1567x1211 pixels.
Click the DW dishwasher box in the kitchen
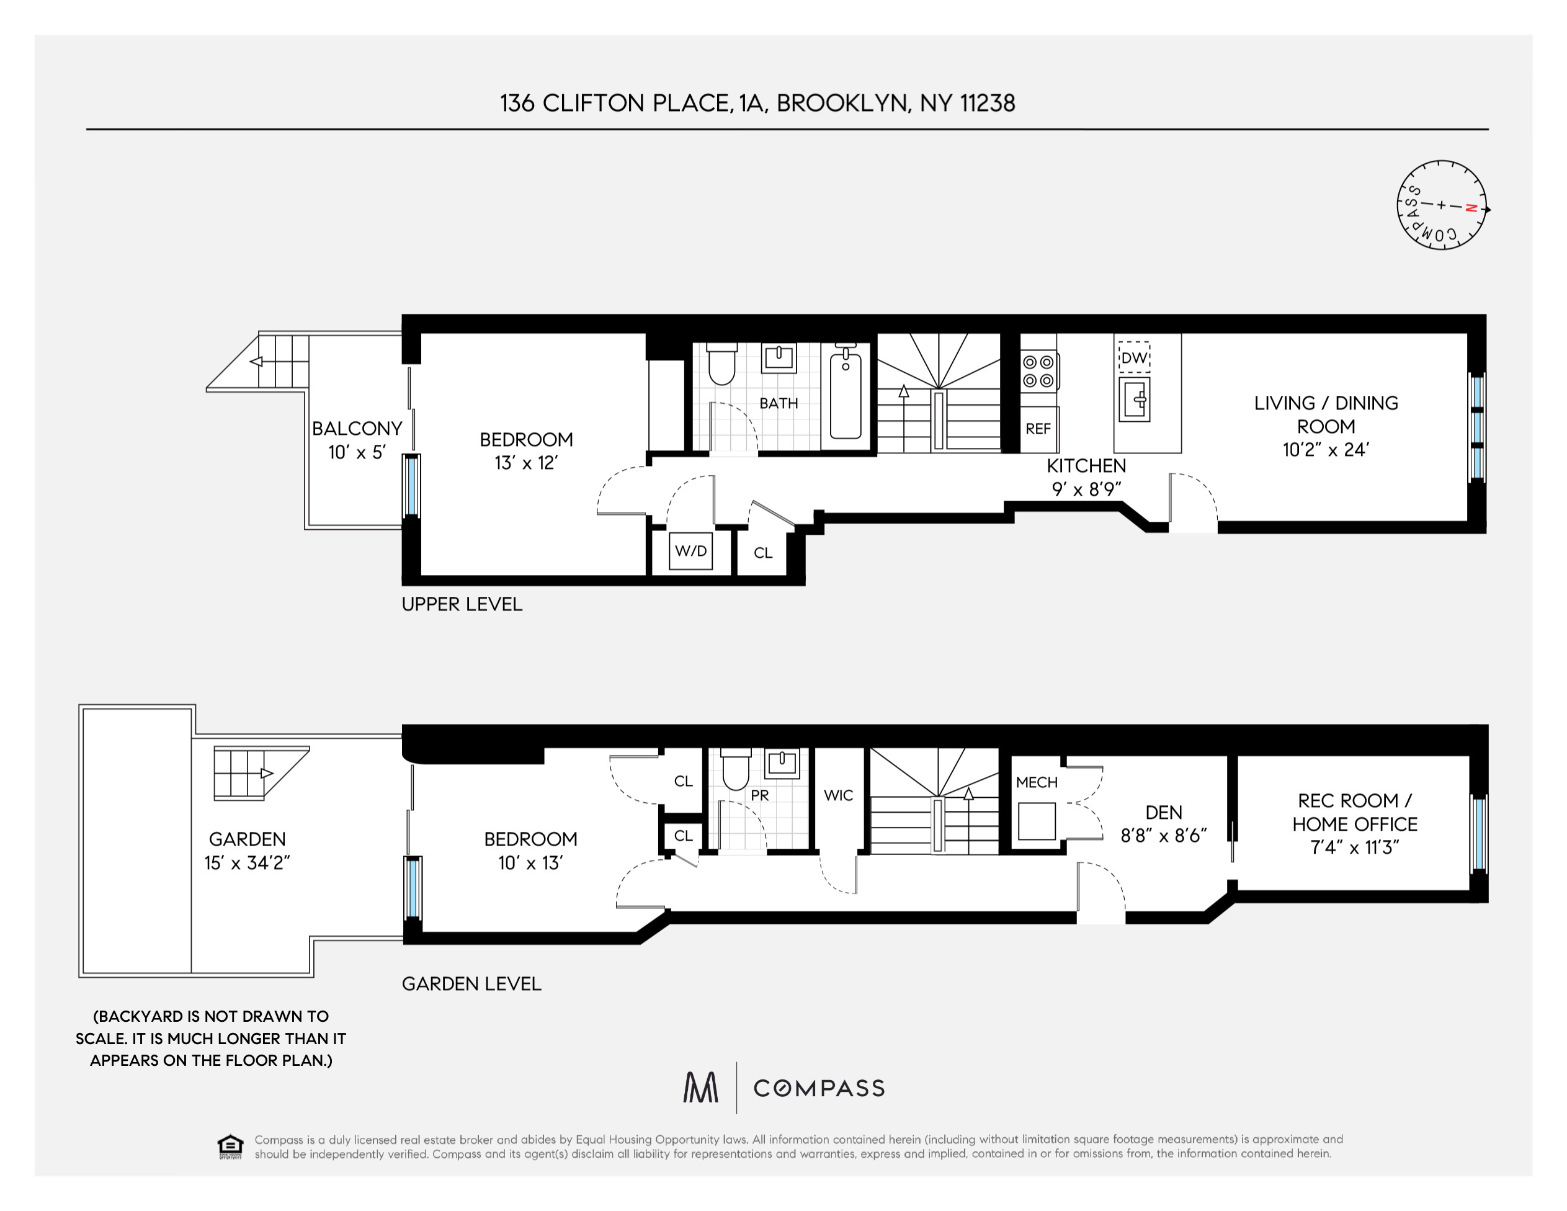tap(1135, 357)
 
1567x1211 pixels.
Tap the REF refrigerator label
tap(1038, 429)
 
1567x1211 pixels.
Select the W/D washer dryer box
tap(691, 551)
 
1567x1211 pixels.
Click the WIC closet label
tap(839, 795)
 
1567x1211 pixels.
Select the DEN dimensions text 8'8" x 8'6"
tap(1164, 836)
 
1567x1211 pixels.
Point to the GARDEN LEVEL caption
tap(471, 983)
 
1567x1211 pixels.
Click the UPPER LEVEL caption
tap(462, 604)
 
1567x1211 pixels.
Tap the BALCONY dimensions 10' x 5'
tap(357, 453)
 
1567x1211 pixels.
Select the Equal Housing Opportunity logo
tap(230, 1146)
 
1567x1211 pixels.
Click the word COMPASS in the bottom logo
tap(819, 1088)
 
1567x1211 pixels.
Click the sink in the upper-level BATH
tap(779, 358)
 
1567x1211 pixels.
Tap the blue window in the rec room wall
tap(1479, 833)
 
